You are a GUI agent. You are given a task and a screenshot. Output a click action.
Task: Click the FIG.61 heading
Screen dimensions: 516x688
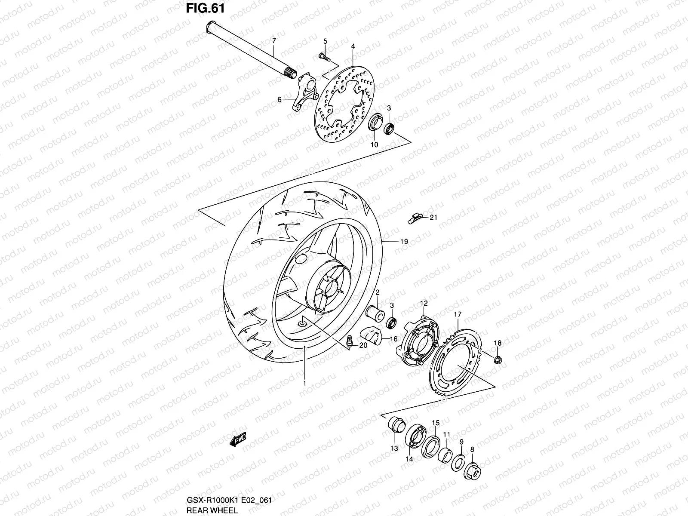[205, 8]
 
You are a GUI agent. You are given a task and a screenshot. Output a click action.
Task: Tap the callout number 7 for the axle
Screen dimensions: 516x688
[274, 40]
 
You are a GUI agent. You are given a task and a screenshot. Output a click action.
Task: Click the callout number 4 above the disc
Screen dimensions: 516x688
[352, 46]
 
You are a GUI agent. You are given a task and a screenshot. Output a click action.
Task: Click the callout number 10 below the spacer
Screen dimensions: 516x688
[374, 145]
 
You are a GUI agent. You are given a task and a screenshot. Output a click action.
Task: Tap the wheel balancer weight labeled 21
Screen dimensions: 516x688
[415, 219]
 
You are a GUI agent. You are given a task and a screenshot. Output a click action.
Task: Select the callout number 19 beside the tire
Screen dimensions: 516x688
[404, 242]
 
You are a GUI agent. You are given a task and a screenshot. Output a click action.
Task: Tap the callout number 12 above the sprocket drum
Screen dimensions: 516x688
[424, 304]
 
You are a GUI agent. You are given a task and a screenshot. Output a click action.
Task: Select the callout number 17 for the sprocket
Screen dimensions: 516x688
[457, 315]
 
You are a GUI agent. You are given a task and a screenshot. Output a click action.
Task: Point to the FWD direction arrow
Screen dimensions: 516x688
[237, 439]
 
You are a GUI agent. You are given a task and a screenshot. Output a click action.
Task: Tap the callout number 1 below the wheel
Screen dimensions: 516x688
[304, 383]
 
